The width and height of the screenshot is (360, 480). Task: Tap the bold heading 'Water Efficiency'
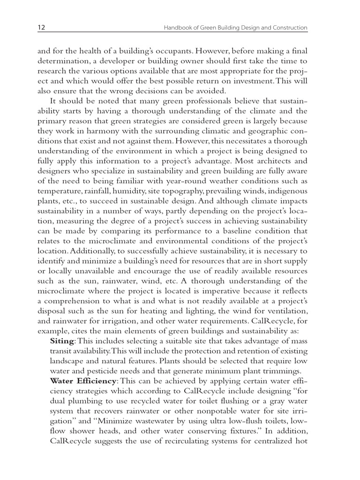click(x=82, y=381)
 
